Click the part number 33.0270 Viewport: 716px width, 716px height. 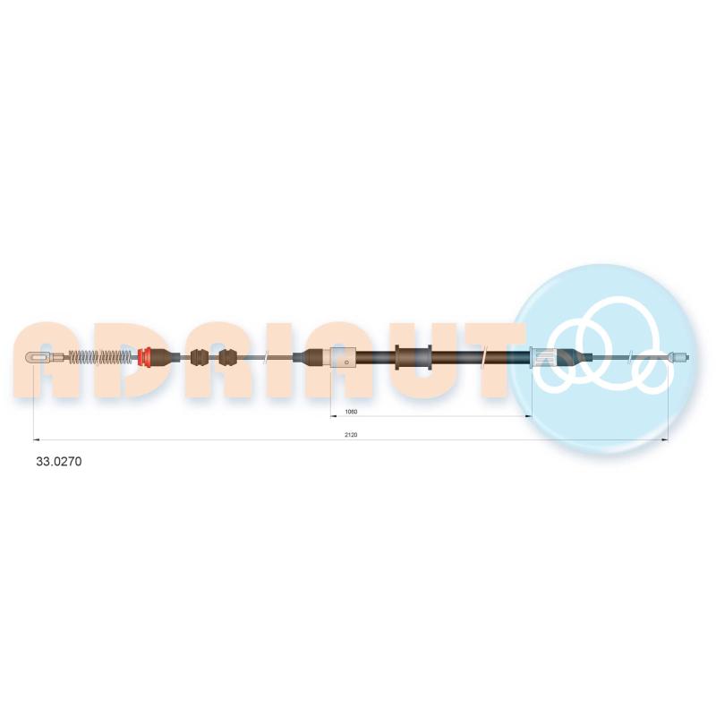[59, 461]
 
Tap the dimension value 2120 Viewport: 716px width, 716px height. [351, 435]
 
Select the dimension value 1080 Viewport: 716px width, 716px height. [351, 412]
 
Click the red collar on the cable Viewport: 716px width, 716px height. [145, 357]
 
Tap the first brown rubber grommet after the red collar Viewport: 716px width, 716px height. [200, 357]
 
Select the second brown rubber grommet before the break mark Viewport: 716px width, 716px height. [228, 357]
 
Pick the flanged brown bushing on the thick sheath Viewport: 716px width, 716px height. [413, 357]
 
